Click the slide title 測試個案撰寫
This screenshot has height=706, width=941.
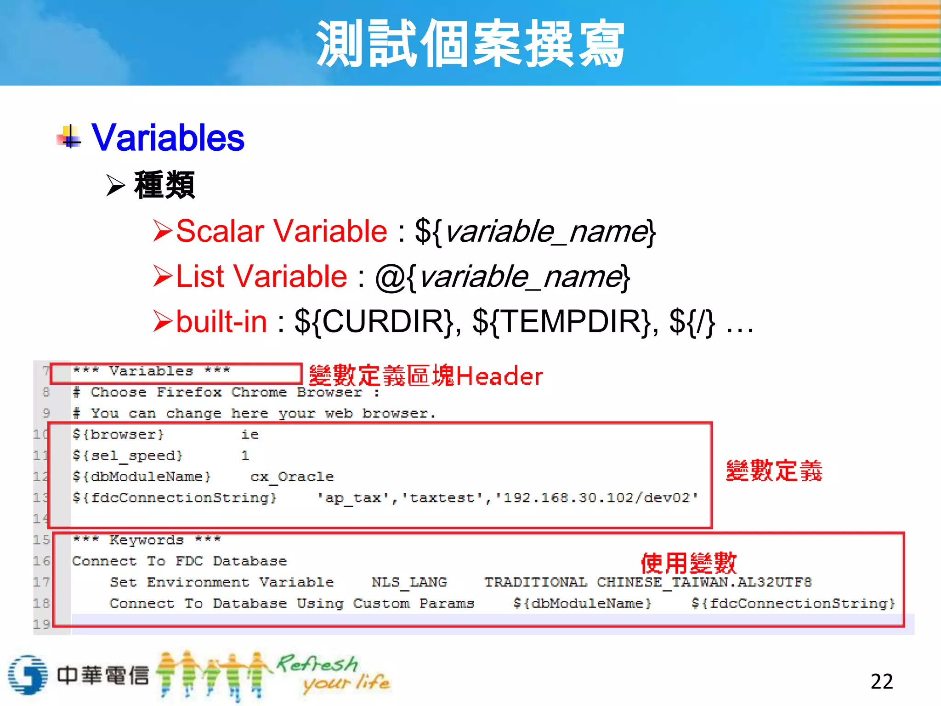click(470, 44)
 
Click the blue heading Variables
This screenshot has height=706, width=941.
click(168, 137)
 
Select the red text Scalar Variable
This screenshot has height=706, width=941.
click(282, 231)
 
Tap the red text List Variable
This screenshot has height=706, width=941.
click(261, 276)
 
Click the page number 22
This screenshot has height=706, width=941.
click(881, 681)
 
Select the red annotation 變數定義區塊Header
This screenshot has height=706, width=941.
click(425, 376)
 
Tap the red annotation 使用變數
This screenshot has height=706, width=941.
click(688, 563)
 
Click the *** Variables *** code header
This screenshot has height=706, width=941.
click(151, 371)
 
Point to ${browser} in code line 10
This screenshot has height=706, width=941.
click(118, 434)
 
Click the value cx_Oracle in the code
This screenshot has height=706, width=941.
click(292, 477)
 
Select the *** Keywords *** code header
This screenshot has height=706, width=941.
click(147, 540)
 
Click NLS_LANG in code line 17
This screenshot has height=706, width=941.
click(409, 582)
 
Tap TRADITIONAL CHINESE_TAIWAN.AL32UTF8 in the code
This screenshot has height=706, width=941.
click(648, 582)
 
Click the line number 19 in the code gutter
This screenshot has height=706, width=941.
click(41, 624)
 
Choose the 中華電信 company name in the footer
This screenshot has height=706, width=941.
click(103, 675)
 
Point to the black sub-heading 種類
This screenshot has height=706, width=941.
click(164, 185)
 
